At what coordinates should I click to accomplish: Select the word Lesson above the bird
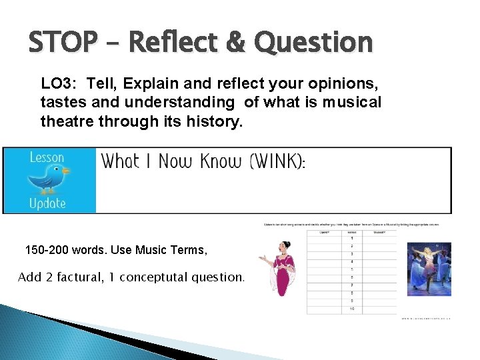(47, 158)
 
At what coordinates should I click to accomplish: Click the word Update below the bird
(47, 203)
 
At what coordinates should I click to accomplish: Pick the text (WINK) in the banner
(275, 162)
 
